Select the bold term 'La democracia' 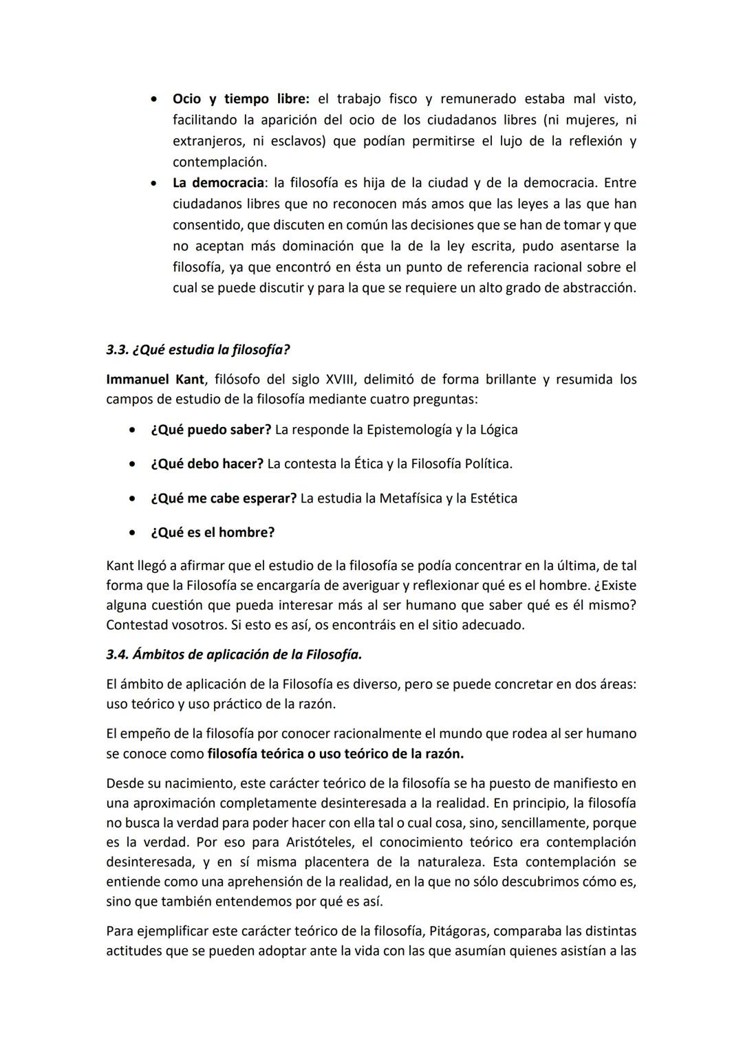218,183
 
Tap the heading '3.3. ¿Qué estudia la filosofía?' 197,349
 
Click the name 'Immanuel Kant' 155,380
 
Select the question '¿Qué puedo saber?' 211,430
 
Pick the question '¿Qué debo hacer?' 206,464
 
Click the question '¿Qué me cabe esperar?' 223,499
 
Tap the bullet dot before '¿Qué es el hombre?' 131,533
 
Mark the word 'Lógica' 497,430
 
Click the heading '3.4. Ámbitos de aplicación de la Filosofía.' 234,655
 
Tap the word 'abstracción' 599,288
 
